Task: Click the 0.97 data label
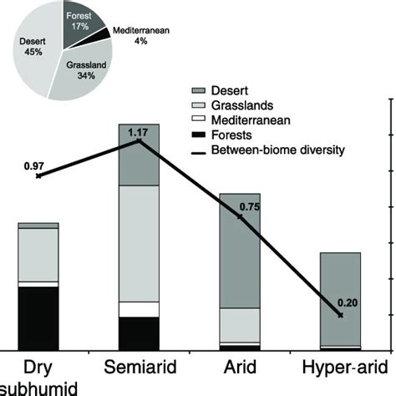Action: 34,166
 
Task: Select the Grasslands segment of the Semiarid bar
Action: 139,242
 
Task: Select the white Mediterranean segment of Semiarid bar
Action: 139,309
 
